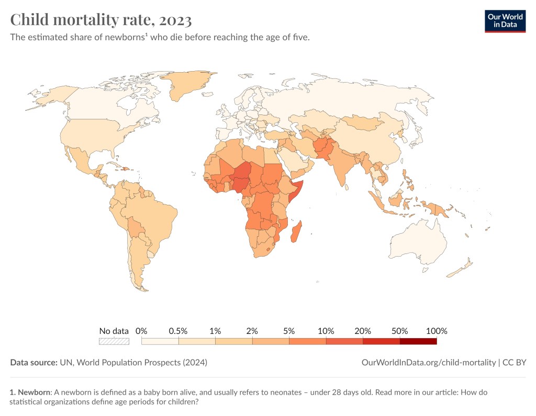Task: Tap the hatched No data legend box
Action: point(114,341)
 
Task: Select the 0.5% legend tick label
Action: point(178,331)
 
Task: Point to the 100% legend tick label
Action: point(437,331)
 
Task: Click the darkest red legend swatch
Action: point(418,341)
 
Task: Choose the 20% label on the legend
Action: point(363,331)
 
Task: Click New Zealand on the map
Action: point(461,269)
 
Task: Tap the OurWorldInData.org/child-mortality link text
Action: point(429,362)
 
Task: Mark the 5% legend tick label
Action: point(289,331)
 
